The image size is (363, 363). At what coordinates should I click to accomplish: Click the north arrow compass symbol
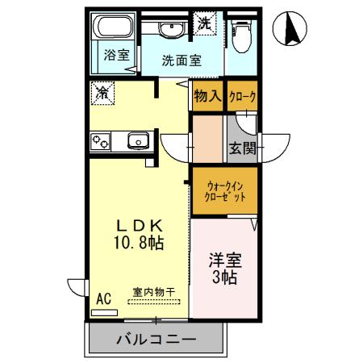click(291, 30)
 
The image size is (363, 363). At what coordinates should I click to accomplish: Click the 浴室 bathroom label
click(117, 56)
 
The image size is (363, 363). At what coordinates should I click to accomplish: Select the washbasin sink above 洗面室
click(171, 31)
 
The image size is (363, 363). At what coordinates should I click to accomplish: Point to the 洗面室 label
click(181, 60)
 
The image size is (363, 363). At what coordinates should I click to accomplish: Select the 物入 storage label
click(207, 97)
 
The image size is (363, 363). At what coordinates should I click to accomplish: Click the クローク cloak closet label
click(242, 97)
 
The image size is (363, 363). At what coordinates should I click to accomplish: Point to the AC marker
click(103, 298)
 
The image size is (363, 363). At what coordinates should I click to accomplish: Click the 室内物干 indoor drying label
click(154, 292)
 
